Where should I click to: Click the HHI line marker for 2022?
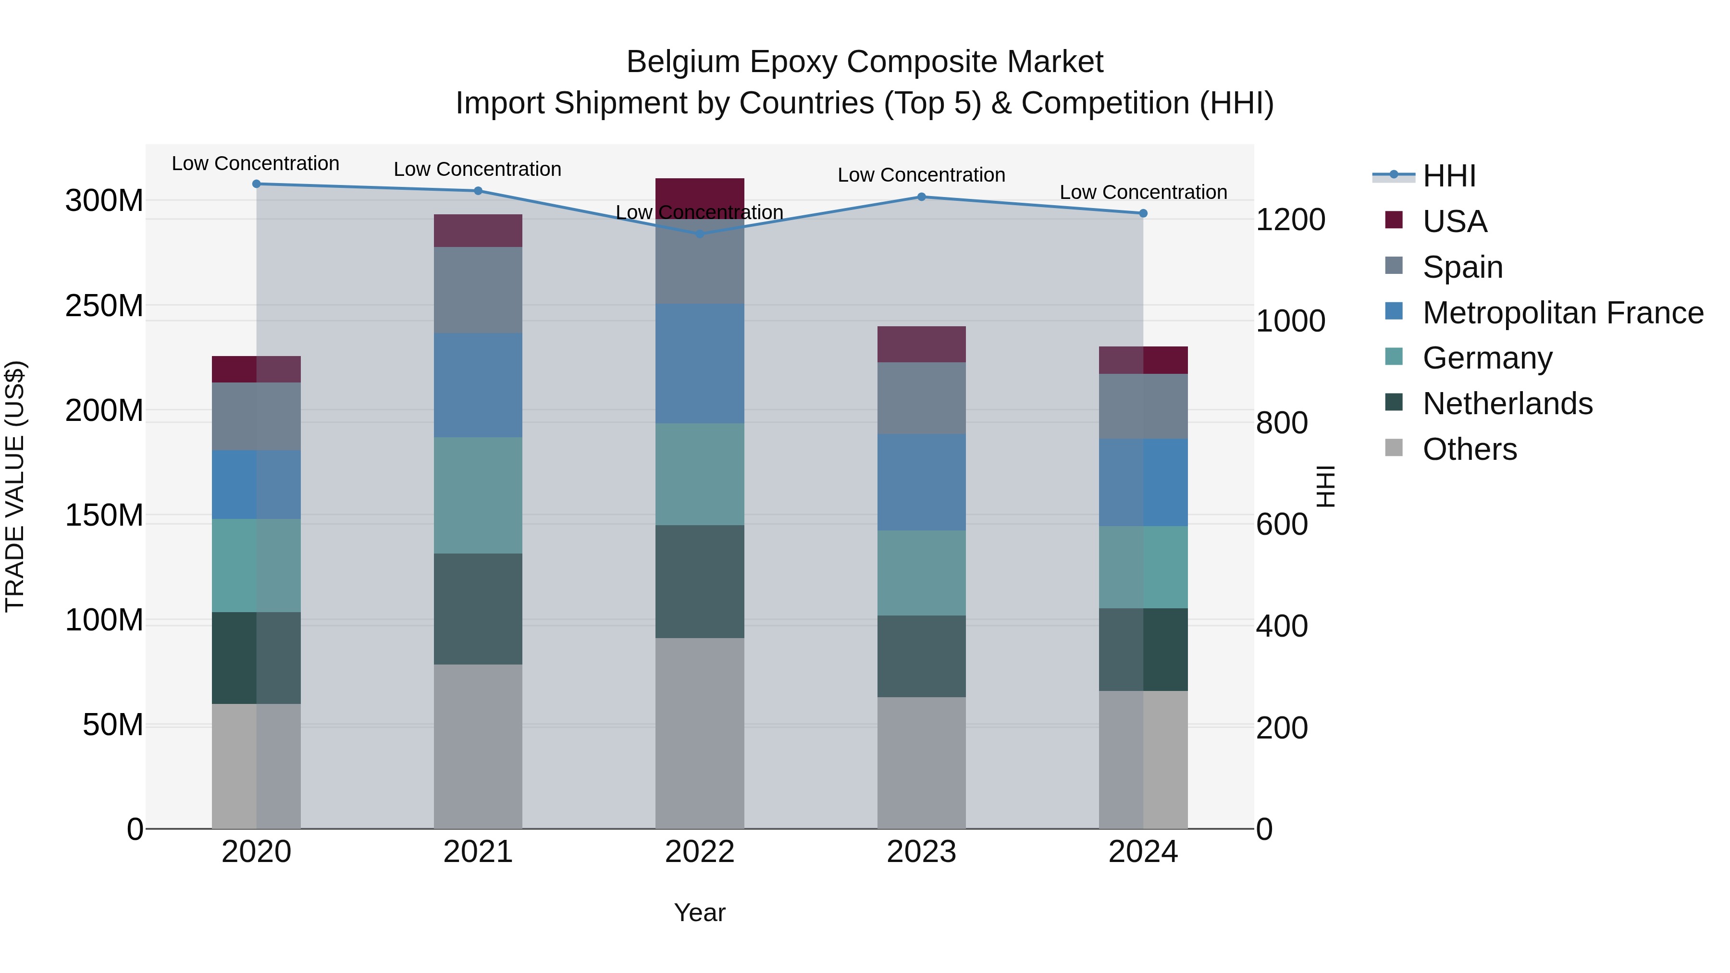[x=699, y=234]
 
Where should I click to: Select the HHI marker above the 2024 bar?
[x=1143, y=213]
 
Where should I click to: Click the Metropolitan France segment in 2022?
[x=699, y=363]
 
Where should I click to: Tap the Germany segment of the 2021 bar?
[x=478, y=495]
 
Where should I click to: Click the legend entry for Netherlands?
[x=1507, y=404]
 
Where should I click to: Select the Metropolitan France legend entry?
[x=1562, y=313]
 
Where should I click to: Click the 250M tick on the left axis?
[x=104, y=306]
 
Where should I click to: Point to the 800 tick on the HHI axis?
[x=1281, y=423]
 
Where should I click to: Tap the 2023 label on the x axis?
[x=921, y=852]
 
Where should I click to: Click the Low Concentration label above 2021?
[x=478, y=169]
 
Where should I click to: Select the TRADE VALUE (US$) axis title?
[x=15, y=486]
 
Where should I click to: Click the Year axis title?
[x=699, y=912]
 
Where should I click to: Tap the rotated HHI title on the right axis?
[x=1325, y=486]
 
